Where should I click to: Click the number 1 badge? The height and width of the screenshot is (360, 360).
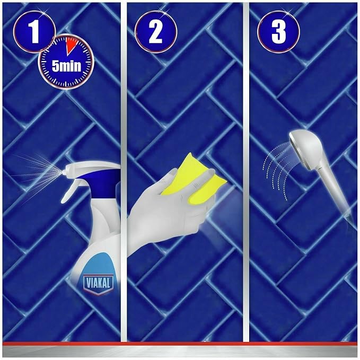click(34, 32)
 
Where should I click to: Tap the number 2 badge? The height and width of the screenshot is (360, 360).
click(156, 32)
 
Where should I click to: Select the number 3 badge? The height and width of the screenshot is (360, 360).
click(278, 32)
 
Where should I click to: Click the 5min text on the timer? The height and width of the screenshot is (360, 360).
click(67, 66)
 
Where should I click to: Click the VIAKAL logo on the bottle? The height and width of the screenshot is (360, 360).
click(98, 284)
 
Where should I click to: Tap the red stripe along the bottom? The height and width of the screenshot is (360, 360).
click(180, 344)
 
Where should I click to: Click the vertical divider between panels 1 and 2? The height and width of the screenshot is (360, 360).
click(124, 172)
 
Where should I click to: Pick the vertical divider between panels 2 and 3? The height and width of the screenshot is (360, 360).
click(246, 172)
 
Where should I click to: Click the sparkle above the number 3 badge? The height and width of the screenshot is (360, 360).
click(287, 12)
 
